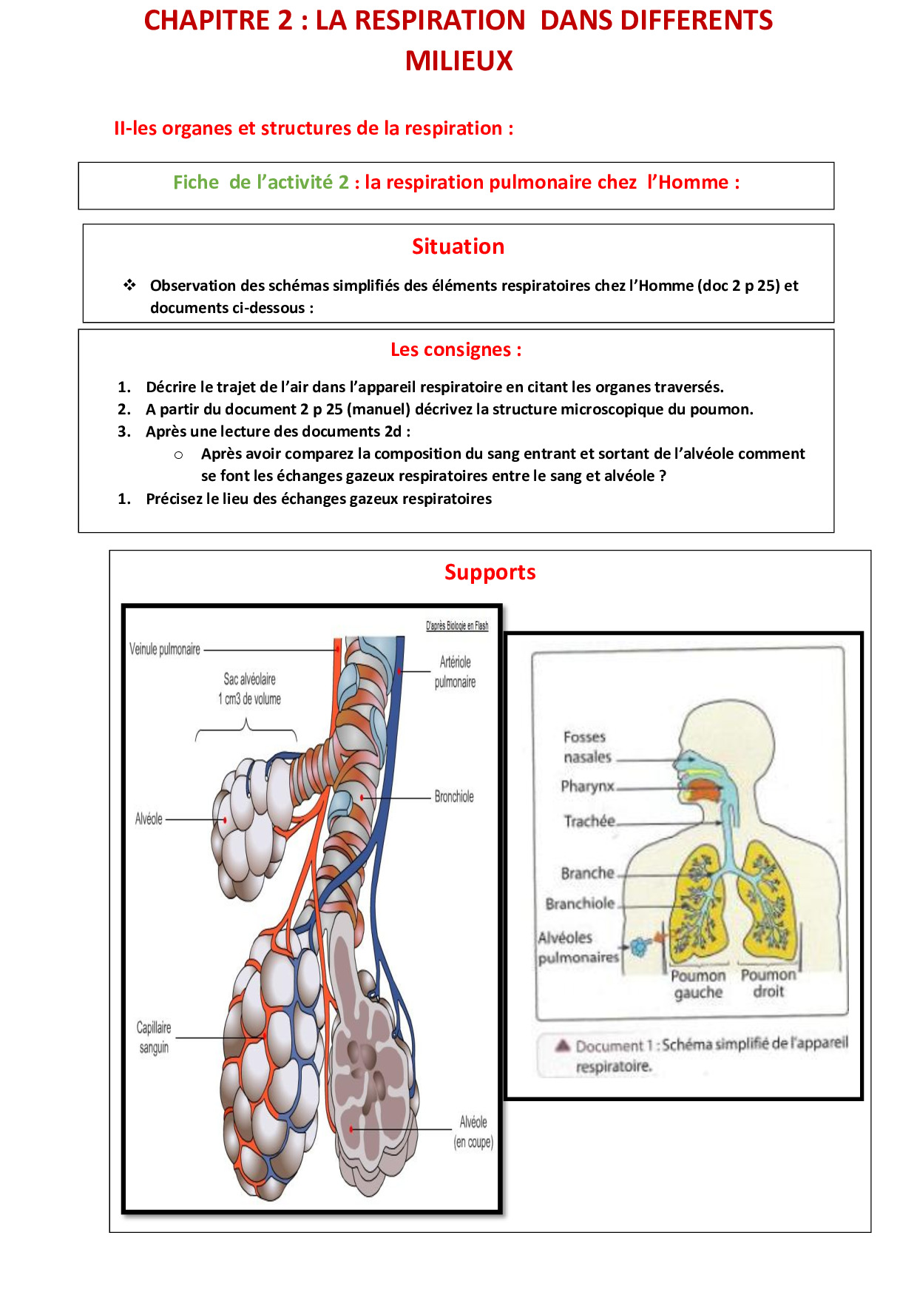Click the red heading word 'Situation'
click(x=458, y=246)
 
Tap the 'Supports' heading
click(x=490, y=573)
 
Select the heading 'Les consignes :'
click(x=456, y=349)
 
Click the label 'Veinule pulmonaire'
click(x=165, y=649)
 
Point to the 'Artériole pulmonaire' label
click(x=455, y=672)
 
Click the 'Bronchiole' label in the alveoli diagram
click(x=454, y=796)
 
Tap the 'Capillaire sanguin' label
click(x=154, y=1038)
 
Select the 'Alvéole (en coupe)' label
click(x=473, y=1132)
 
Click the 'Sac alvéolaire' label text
click(x=250, y=679)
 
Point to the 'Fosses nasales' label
click(x=588, y=747)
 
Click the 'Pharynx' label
click(x=587, y=786)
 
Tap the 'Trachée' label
click(x=589, y=821)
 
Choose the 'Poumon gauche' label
click(x=698, y=984)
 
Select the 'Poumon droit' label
click(x=768, y=983)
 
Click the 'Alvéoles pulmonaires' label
click(x=578, y=947)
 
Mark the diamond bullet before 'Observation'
click(x=130, y=285)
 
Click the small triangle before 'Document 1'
click(x=563, y=1045)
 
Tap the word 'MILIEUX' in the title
click(x=458, y=61)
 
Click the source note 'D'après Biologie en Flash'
click(x=457, y=626)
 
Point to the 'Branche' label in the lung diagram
click(x=588, y=873)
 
